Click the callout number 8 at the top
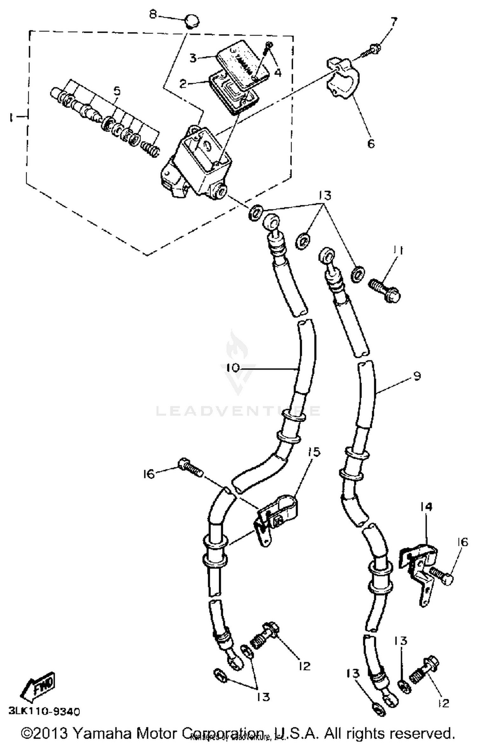pyautogui.click(x=153, y=15)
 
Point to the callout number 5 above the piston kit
pyautogui.click(x=117, y=91)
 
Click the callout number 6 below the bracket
pyautogui.click(x=371, y=144)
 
